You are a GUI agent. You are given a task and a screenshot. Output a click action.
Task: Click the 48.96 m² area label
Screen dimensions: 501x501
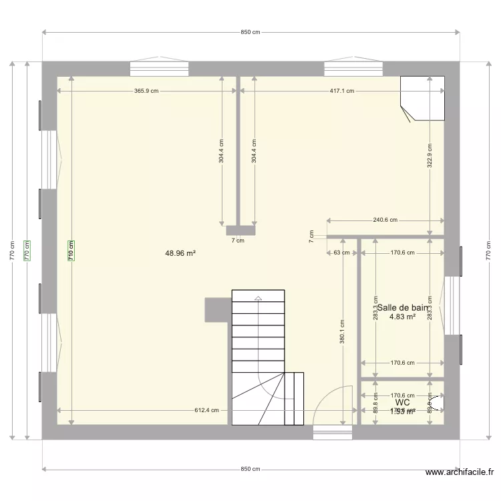coord(180,253)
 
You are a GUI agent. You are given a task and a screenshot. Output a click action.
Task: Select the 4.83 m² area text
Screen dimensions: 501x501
coord(403,317)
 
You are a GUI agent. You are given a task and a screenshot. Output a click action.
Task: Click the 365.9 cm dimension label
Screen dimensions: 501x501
coord(147,92)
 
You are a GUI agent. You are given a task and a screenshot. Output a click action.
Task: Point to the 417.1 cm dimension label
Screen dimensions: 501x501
coord(342,92)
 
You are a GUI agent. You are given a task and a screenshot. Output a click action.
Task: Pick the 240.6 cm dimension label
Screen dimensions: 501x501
coord(385,220)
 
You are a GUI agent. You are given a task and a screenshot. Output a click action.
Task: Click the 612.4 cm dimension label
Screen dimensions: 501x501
coord(206,411)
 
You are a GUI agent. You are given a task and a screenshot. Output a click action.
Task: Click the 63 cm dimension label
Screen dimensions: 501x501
coord(341,253)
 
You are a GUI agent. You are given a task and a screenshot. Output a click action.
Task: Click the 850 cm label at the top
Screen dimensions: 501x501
coord(251,31)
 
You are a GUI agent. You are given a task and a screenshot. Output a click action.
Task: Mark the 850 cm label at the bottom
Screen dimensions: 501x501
coord(251,469)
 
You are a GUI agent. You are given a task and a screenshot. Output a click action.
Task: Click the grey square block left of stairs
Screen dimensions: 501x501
coord(218,310)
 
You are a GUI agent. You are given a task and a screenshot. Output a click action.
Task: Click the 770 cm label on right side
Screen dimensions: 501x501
coord(490,251)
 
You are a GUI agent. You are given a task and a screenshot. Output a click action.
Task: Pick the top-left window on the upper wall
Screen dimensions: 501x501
coord(159,69)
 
